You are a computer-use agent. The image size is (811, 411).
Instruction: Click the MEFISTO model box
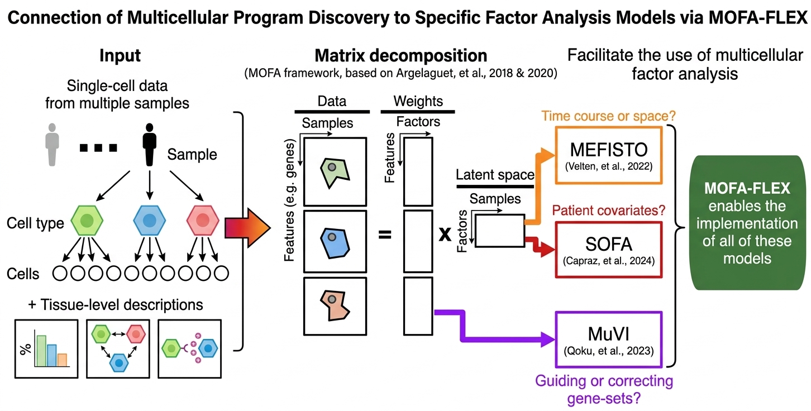(608, 155)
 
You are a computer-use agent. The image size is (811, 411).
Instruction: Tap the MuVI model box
(608, 340)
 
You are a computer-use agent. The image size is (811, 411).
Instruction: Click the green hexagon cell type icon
(85, 221)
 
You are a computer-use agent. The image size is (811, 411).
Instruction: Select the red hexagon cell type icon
(203, 221)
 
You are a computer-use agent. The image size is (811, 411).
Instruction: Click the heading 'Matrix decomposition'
(400, 56)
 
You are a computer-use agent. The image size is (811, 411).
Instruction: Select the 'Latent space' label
(495, 174)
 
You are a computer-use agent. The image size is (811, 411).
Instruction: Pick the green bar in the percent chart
(41, 350)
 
